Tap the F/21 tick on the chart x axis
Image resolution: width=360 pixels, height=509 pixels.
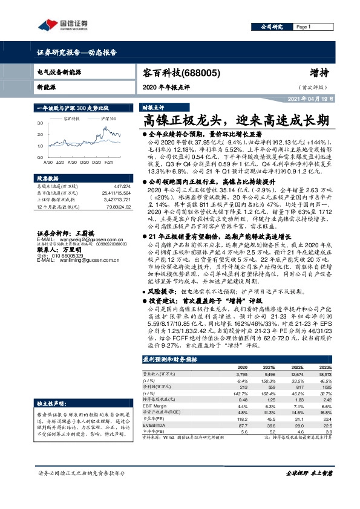coord(108,163)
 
